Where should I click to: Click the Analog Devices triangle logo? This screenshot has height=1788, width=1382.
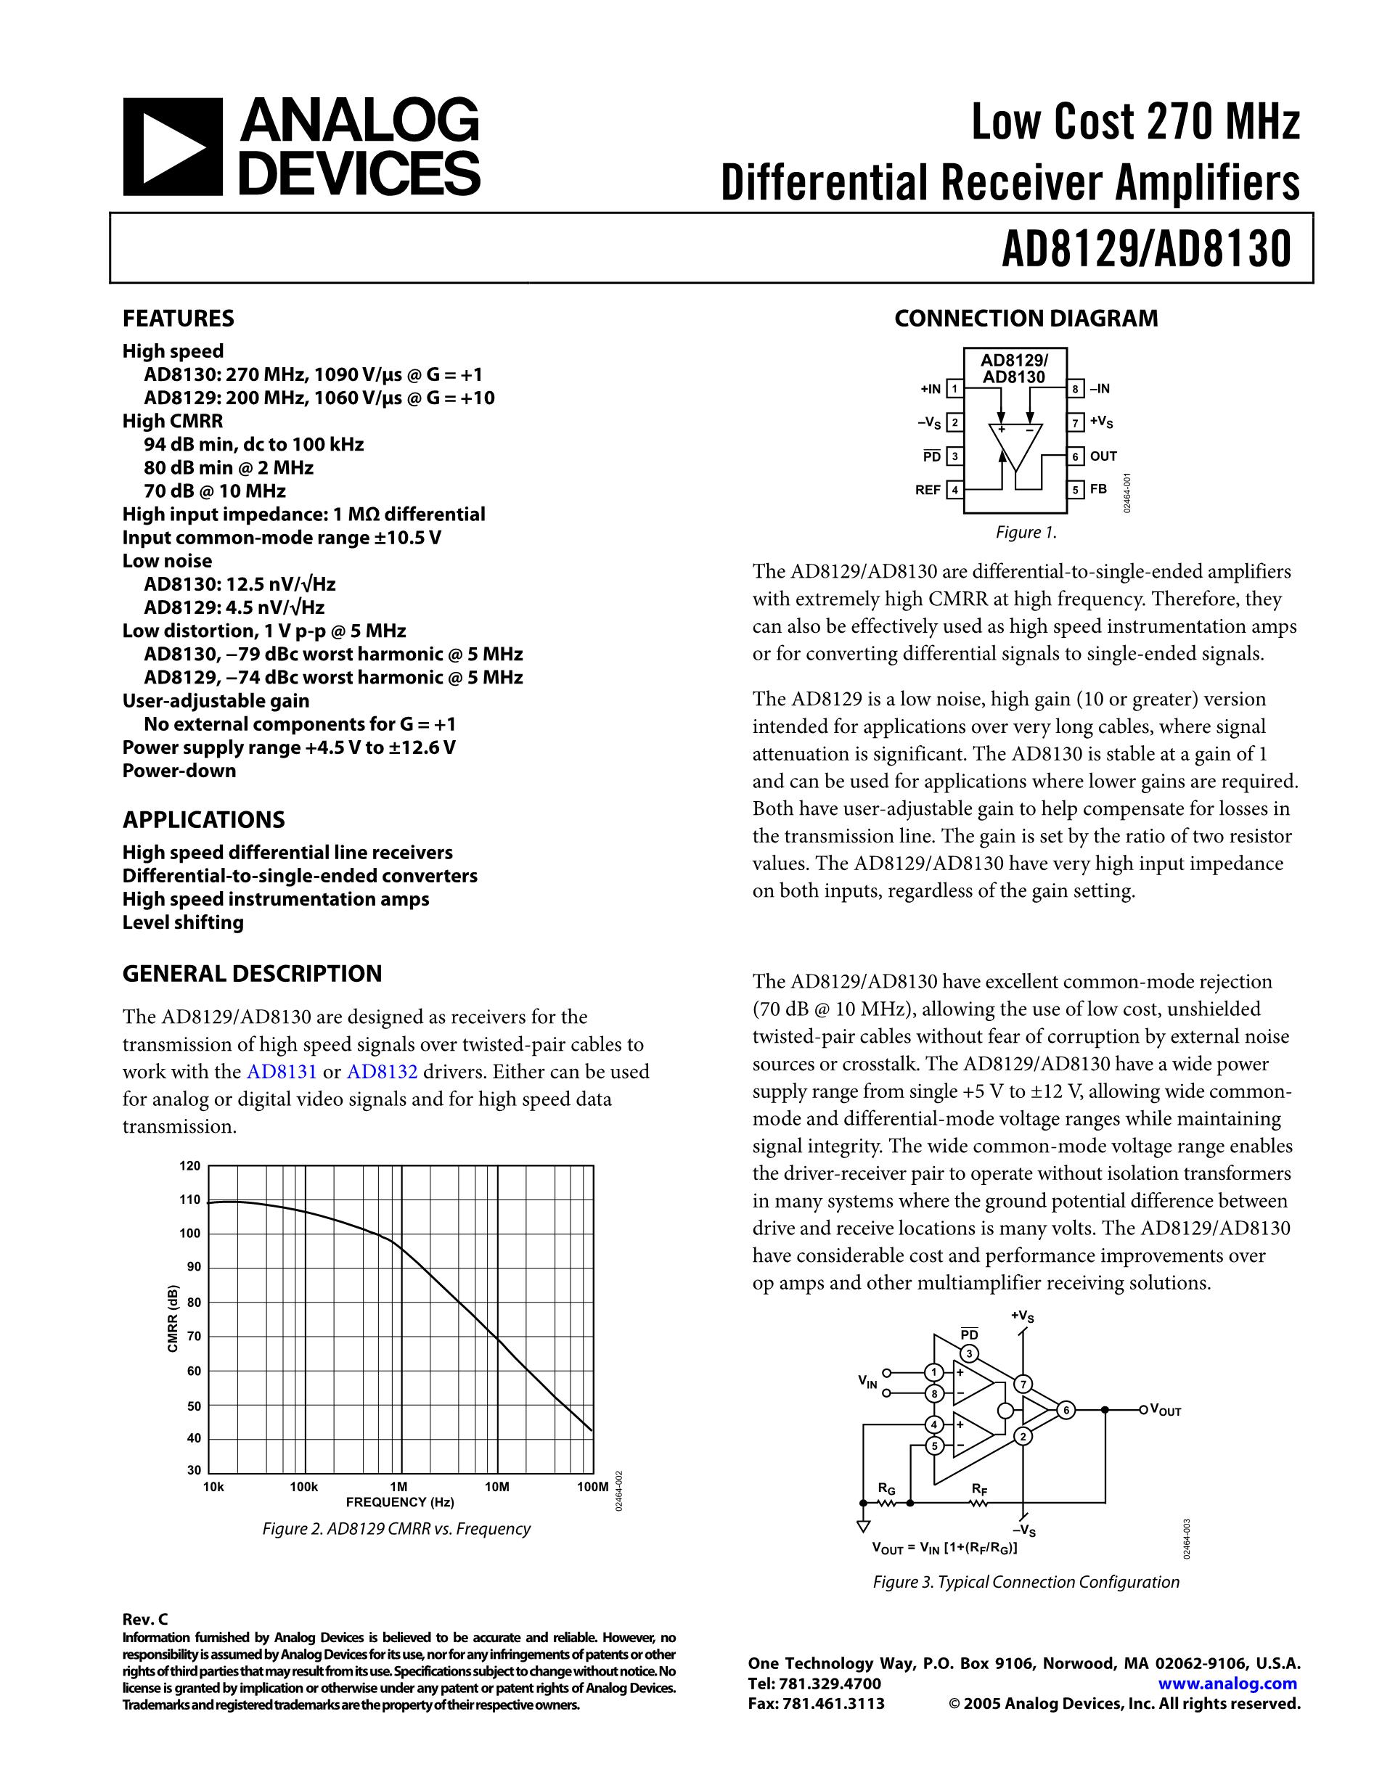172,147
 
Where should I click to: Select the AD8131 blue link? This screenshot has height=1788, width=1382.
281,1072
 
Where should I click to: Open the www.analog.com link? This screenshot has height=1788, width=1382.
1227,1684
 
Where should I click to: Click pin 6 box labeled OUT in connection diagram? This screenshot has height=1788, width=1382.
1077,456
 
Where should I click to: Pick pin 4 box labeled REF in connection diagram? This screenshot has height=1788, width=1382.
954,491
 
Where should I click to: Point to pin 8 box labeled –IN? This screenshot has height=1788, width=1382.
1077,389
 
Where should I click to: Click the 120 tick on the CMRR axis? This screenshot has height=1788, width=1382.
190,1166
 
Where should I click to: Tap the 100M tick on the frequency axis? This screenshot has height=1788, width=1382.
593,1487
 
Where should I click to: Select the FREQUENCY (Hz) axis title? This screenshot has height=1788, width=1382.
399,1502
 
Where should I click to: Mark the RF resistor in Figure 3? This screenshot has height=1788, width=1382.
979,1503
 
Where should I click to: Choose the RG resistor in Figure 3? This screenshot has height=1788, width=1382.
887,1503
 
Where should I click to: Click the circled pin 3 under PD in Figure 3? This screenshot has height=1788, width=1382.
970,1353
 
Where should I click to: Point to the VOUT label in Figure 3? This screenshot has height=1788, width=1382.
1166,1410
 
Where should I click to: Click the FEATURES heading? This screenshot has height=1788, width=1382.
178,319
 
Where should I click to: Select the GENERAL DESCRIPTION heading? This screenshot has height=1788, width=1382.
252,973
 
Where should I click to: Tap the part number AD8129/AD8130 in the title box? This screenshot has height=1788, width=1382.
1146,248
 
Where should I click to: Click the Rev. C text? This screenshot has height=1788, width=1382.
145,1618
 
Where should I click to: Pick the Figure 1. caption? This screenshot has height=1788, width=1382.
1026,533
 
